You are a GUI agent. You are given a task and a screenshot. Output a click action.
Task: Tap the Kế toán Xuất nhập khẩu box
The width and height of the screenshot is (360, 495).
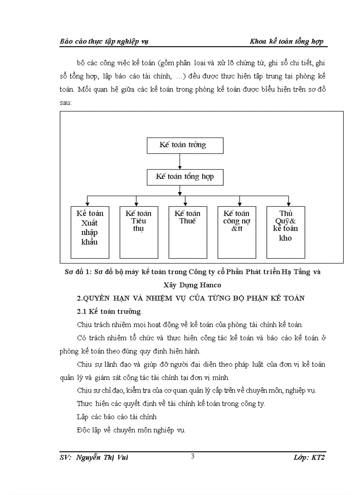pos(90,232)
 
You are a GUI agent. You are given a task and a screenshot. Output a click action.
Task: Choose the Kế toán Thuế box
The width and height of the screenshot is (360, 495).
pos(187,232)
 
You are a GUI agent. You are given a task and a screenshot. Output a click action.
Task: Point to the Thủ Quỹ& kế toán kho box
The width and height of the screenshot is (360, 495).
pos(285,232)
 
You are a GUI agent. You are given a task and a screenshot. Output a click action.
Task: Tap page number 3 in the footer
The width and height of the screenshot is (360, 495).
pos(192,456)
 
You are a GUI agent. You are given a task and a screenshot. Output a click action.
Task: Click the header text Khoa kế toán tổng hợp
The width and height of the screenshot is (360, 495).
pos(286,41)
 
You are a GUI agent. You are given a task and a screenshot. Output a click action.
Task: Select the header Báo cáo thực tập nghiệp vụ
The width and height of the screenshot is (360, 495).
pos(104,41)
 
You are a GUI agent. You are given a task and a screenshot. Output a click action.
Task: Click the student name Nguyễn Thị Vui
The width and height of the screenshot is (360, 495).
pos(102,458)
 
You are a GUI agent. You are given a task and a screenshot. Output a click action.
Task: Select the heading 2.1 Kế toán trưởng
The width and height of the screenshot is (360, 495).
pos(109,312)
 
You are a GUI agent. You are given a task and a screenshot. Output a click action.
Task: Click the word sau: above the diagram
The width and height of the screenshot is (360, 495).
pos(66,103)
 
